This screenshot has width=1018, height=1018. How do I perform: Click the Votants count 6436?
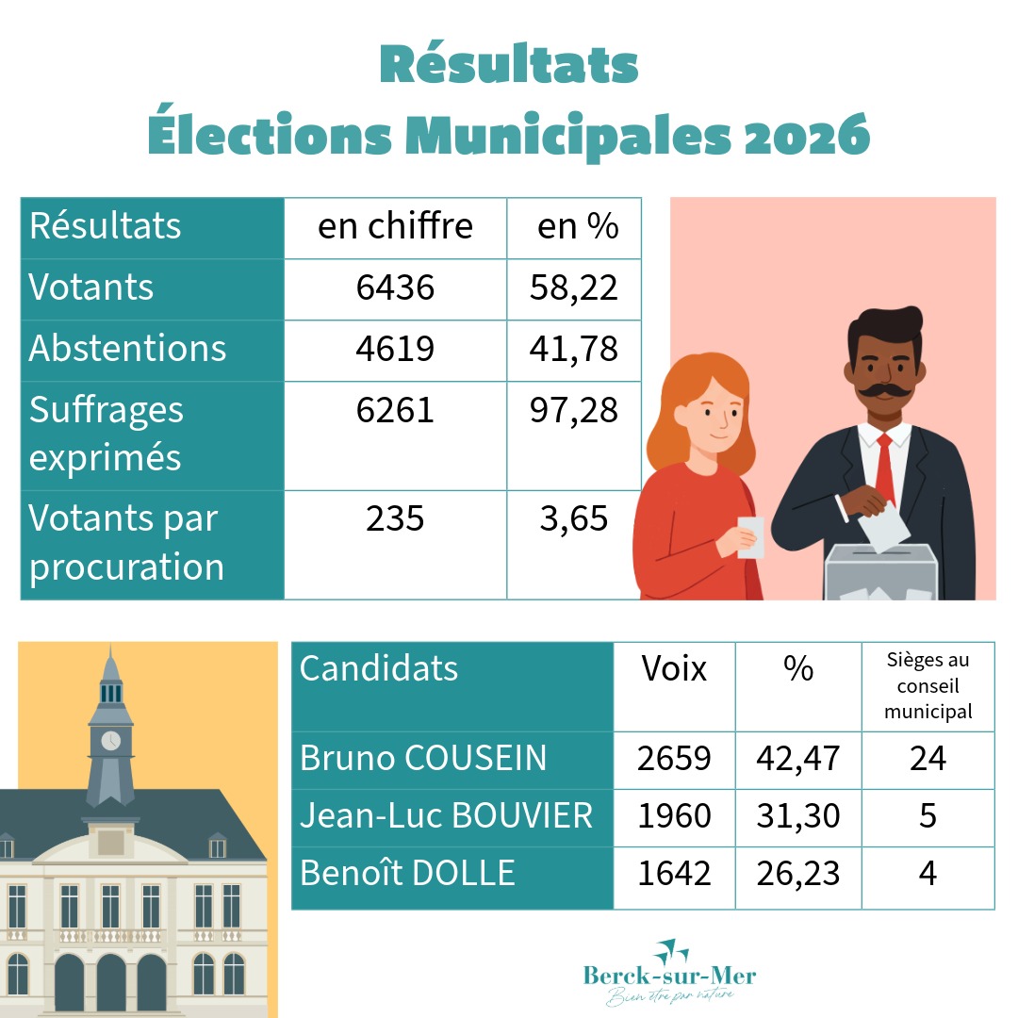395,287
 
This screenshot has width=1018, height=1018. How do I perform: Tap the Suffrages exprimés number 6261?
395,410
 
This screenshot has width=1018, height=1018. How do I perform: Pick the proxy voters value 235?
395,518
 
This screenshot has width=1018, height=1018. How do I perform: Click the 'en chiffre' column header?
395,227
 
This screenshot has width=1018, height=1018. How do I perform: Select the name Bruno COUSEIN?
422,759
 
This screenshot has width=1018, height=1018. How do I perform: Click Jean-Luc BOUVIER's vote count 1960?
674,816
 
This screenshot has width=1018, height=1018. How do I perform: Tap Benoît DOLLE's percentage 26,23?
797,874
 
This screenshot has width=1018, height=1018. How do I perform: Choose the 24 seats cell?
928,759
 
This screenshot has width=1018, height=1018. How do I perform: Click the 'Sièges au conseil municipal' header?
928,685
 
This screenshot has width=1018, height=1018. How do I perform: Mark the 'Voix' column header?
674,668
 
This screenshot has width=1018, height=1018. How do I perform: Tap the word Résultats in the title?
509,65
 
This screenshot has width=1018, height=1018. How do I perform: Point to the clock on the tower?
110,740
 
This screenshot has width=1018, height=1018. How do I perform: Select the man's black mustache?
883,387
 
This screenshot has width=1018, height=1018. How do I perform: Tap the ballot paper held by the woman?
750,537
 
